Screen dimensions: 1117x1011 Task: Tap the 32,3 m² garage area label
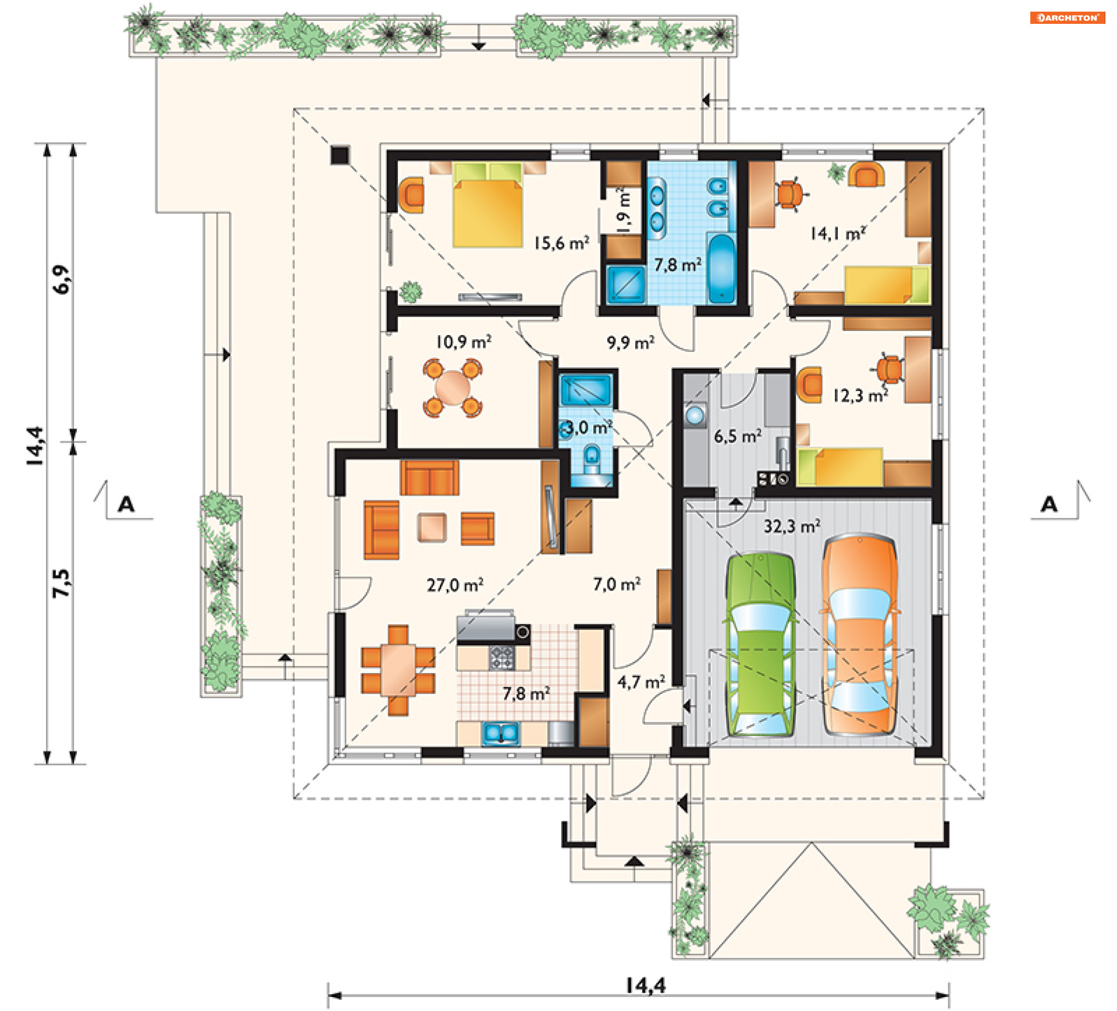click(792, 526)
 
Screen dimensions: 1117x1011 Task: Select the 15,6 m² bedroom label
click(561, 243)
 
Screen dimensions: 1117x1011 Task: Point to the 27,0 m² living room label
click(455, 585)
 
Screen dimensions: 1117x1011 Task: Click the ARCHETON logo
click(1068, 17)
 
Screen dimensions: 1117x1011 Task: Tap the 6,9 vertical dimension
click(61, 279)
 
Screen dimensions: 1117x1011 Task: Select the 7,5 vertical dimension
click(61, 583)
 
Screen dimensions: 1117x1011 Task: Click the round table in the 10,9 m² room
click(452, 387)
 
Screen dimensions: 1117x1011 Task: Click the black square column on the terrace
click(340, 155)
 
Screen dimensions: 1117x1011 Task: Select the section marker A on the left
click(126, 504)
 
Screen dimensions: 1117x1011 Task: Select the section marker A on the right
click(1049, 504)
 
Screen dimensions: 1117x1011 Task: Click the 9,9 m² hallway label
click(631, 342)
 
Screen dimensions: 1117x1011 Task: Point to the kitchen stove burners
click(501, 657)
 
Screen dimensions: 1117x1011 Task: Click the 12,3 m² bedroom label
click(860, 396)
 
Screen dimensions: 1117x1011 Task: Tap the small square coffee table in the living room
click(432, 528)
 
